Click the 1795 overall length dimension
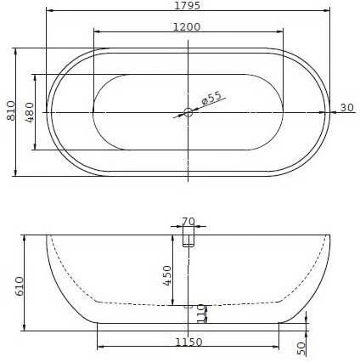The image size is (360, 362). pyautogui.click(x=187, y=5)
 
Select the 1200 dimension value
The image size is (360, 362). pyautogui.click(x=187, y=27)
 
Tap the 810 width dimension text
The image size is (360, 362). pyautogui.click(x=11, y=110)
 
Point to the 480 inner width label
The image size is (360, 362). pyautogui.click(x=30, y=112)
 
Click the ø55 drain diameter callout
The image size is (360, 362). pyautogui.click(x=211, y=98)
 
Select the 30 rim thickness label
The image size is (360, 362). pyautogui.click(x=347, y=108)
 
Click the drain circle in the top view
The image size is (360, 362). pyautogui.click(x=188, y=112)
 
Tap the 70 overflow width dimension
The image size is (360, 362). pyautogui.click(x=188, y=221)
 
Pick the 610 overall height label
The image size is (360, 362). pyautogui.click(x=20, y=286)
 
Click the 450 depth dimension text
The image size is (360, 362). pyautogui.click(x=167, y=275)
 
